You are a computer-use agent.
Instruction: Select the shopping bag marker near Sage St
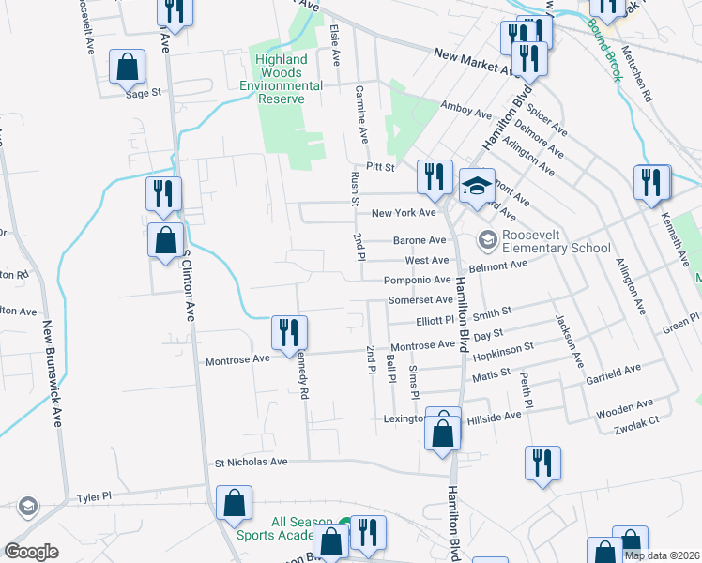coord(128,68)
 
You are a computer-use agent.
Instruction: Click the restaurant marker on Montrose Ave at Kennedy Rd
coord(289,333)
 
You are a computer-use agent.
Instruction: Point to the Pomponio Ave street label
coord(418,281)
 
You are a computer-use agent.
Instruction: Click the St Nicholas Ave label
coord(251,462)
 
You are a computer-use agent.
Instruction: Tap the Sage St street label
coord(145,93)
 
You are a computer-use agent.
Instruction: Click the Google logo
coord(31,552)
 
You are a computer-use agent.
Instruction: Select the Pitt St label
coord(382,166)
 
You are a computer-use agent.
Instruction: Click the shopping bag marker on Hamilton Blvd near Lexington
coord(443,433)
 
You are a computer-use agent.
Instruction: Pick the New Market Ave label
coord(473,62)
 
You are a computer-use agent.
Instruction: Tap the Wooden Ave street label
coord(631,405)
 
